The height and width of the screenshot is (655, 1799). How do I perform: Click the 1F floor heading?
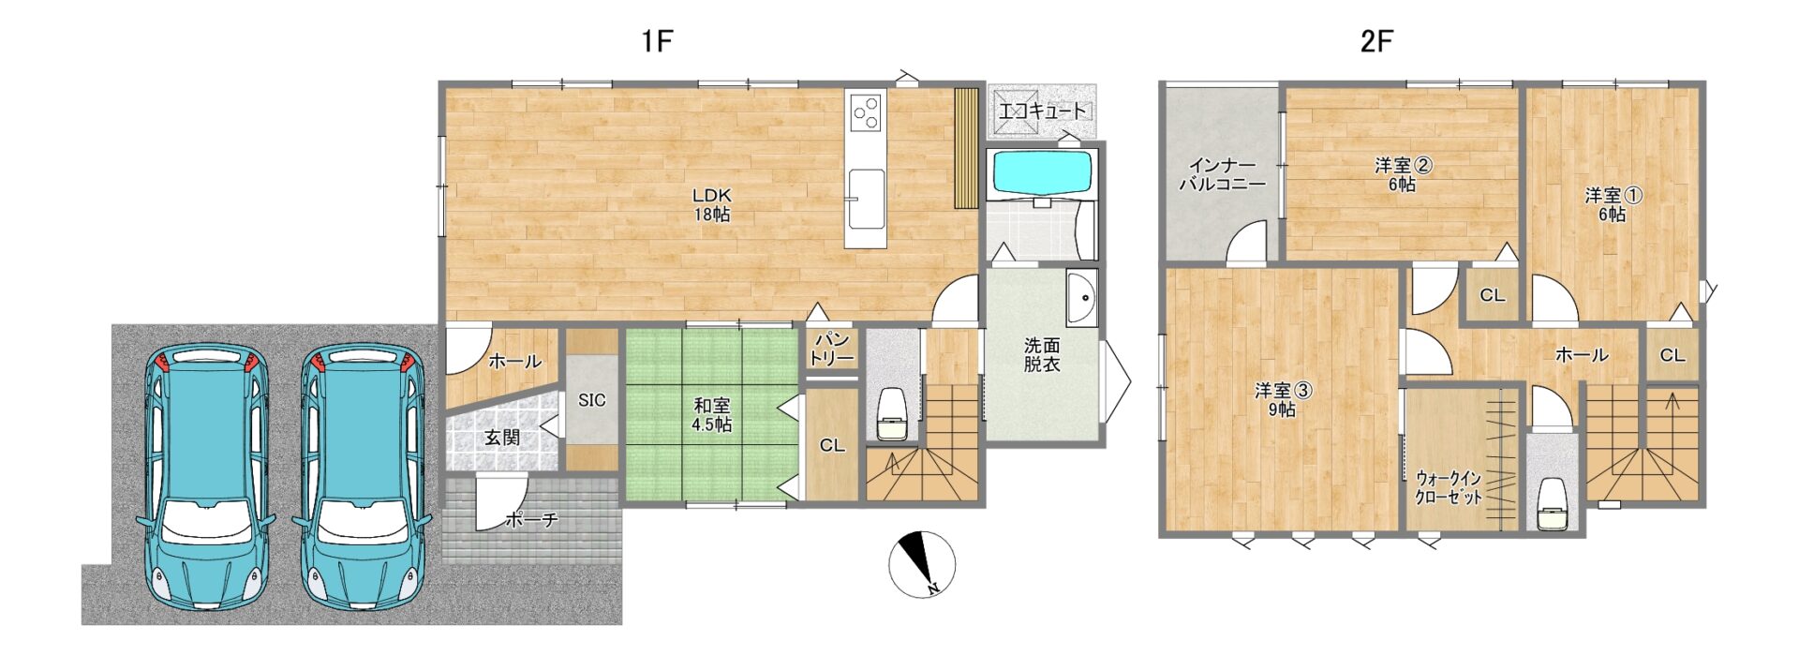658,41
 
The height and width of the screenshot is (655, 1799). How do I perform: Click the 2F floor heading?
1376,41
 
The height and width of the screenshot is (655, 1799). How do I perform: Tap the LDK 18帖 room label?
712,204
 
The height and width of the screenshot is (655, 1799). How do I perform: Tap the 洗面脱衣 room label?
1041,355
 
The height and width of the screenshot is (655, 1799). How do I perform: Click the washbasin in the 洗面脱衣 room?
1082,299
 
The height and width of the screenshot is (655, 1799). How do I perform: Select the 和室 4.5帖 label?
712,414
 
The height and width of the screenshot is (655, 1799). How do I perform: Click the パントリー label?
831,349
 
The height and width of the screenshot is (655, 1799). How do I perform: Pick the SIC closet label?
591,400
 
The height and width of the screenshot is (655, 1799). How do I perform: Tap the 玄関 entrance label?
502,437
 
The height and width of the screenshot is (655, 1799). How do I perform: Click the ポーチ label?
531,519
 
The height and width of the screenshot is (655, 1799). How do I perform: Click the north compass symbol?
922,564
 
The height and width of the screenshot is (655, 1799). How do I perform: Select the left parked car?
206,478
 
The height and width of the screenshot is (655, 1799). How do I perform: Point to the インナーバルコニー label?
1222,174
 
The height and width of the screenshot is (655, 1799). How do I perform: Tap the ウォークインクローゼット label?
1449,487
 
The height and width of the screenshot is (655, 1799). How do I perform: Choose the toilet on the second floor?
1554,503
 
